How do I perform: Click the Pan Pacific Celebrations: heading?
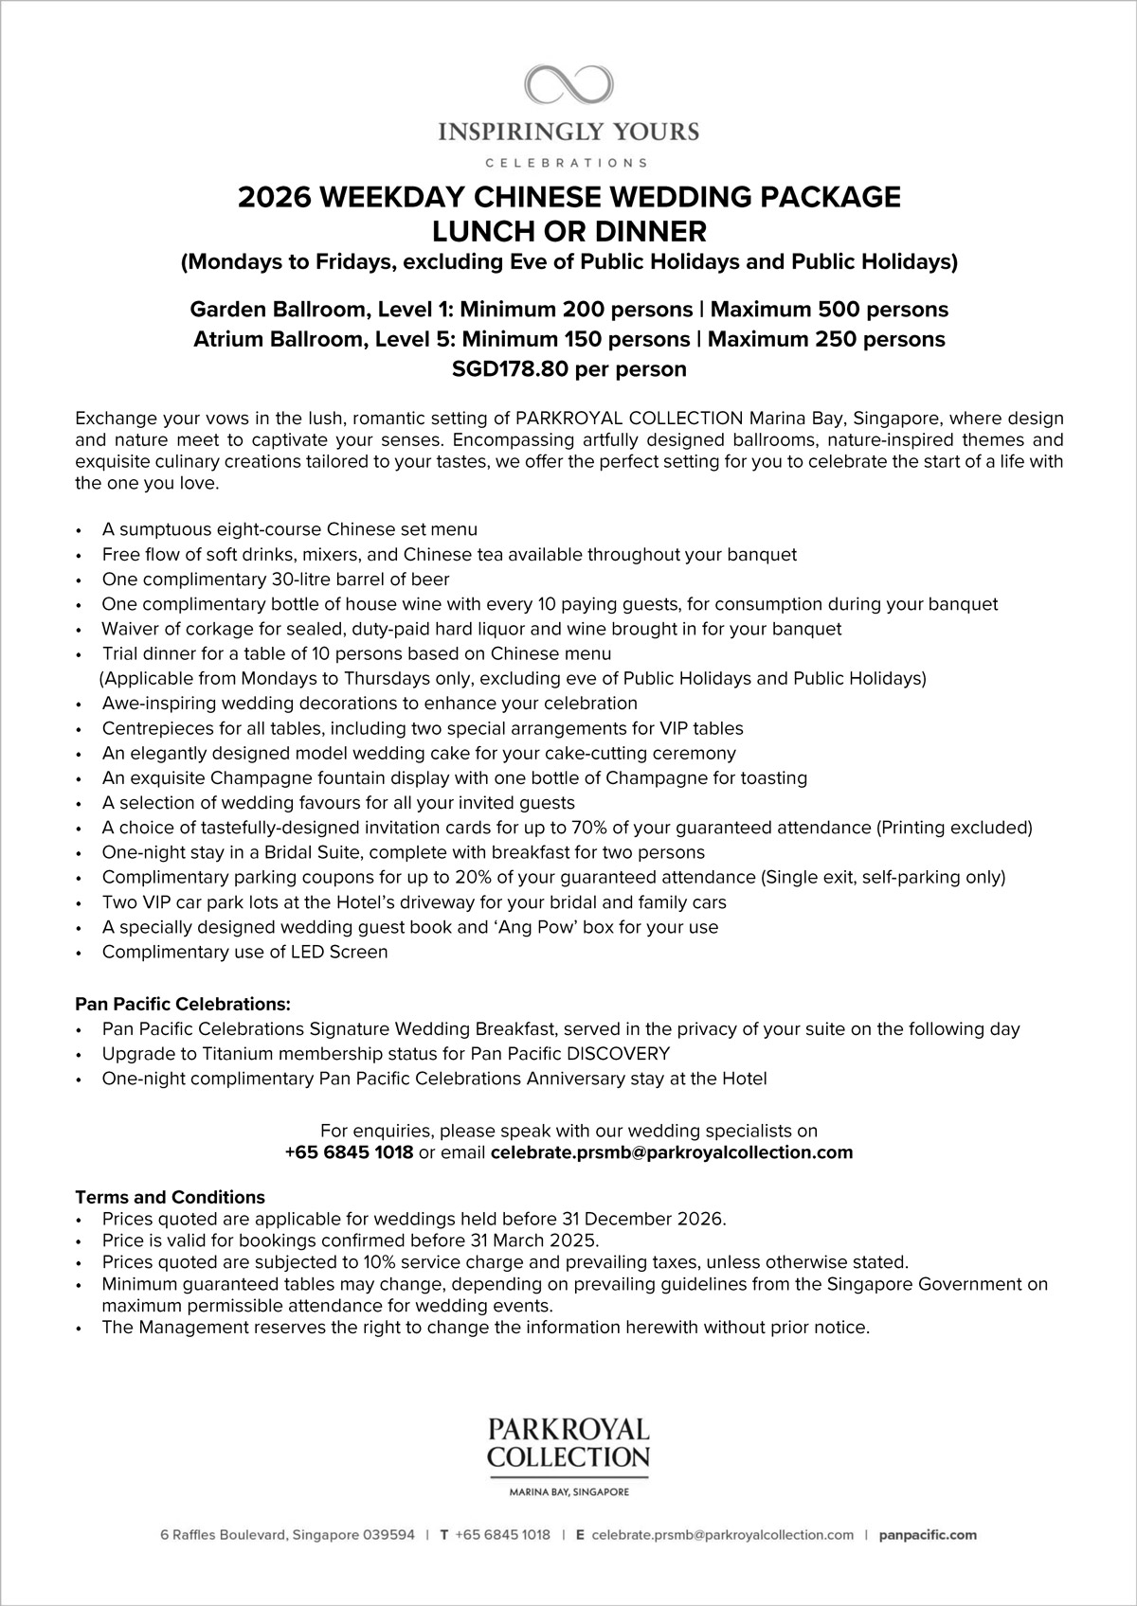(183, 1003)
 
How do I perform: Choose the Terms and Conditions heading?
(170, 1197)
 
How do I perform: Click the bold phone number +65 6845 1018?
(349, 1152)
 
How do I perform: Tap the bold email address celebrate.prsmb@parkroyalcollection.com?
(672, 1152)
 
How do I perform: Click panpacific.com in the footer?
(928, 1535)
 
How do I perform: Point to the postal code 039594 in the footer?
(389, 1535)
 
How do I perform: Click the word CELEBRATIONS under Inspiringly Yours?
(568, 162)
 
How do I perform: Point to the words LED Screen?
(345, 952)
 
